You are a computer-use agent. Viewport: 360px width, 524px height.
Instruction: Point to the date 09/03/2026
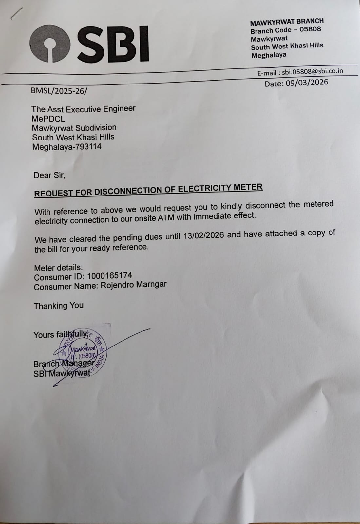[x=307, y=83]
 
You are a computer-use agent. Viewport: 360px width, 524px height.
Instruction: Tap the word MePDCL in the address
[x=48, y=118]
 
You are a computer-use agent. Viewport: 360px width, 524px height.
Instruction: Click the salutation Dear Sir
[x=49, y=175]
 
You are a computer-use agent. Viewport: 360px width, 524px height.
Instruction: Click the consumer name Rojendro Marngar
[x=133, y=285]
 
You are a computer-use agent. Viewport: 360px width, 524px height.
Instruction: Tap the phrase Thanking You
[x=59, y=306]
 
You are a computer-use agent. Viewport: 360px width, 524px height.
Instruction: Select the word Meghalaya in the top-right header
[x=269, y=55]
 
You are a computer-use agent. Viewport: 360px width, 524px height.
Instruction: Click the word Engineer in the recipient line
[x=119, y=109]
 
